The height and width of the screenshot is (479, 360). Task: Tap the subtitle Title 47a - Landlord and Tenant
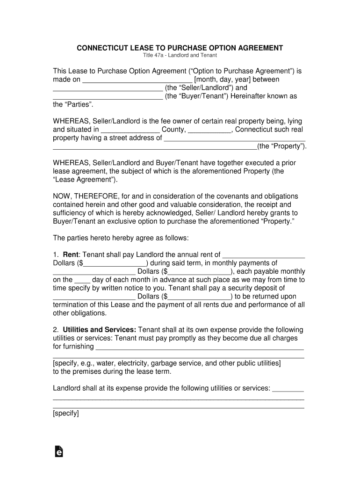[180, 56]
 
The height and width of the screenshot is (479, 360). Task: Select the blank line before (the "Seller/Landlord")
[108, 88]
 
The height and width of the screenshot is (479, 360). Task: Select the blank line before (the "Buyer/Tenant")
[108, 97]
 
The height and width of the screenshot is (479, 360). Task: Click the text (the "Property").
[282, 146]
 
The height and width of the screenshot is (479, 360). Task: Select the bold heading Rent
[70, 254]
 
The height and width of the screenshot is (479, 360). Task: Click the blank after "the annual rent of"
[263, 255]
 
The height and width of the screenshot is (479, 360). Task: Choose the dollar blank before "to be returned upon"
[200, 297]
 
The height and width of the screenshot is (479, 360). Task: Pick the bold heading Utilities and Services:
[99, 330]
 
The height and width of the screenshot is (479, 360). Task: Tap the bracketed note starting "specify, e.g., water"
[166, 363]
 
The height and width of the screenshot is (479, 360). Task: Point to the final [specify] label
[66, 414]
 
